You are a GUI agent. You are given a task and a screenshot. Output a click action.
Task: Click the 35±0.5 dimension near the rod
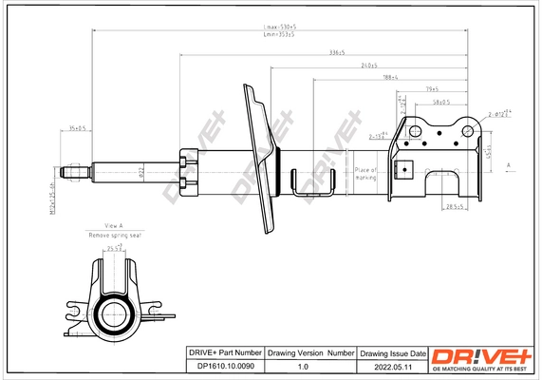[78, 127]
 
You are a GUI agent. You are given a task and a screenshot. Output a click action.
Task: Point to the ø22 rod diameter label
[139, 172]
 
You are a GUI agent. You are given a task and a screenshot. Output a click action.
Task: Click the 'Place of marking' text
[366, 174]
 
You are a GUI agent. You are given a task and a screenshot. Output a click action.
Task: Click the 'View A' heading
[113, 225]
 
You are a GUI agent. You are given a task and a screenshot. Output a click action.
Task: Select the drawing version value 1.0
[303, 366]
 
